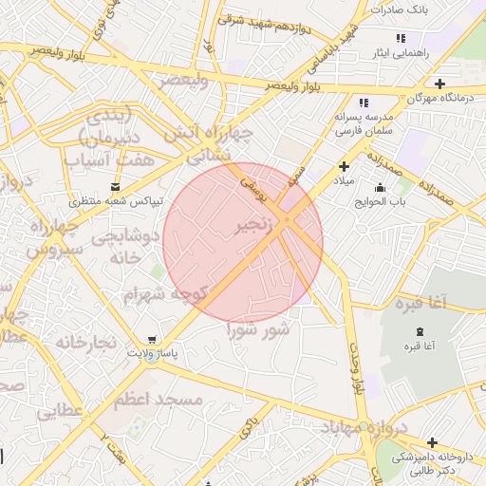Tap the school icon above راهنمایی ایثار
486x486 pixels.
pyautogui.click(x=402, y=37)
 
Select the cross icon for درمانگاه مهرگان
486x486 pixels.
pyautogui.click(x=439, y=84)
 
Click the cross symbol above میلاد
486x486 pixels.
pyautogui.click(x=344, y=166)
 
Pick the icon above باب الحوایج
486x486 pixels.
pyautogui.click(x=381, y=187)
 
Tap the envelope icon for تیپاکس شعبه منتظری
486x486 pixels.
pyautogui.click(x=116, y=187)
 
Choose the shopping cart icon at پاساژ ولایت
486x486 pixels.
pyautogui.click(x=153, y=339)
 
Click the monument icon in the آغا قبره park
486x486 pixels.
pyautogui.click(x=420, y=330)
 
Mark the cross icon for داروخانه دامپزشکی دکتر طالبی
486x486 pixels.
pyautogui.click(x=433, y=442)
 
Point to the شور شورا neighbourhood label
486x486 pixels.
pyautogui.click(x=257, y=329)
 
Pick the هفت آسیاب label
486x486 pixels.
pyautogui.click(x=109, y=160)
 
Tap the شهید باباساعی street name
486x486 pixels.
pyautogui.click(x=338, y=43)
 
